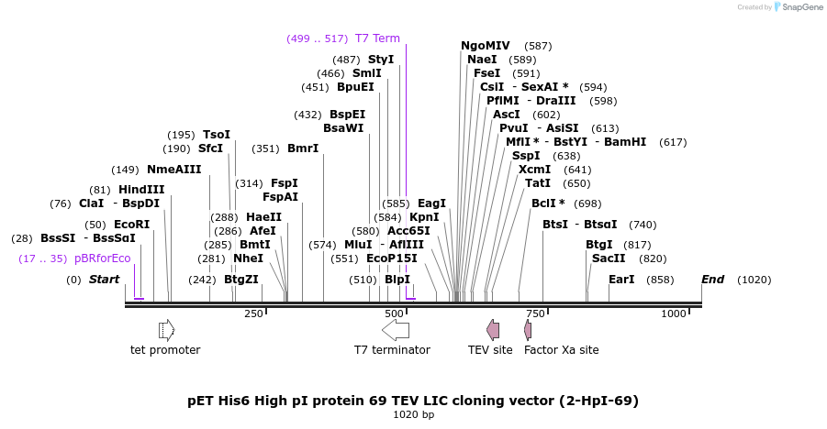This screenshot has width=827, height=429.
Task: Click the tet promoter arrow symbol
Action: tap(166, 330)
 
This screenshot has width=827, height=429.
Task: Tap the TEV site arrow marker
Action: tap(493, 330)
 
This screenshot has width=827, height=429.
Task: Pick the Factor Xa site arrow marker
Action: tap(528, 330)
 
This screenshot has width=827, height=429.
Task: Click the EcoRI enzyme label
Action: tap(131, 225)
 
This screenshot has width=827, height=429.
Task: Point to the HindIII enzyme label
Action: tap(141, 190)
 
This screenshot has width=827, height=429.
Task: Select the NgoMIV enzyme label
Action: tap(486, 46)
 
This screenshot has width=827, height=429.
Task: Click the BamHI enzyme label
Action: tap(625, 142)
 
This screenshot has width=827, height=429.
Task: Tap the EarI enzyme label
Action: tap(621, 280)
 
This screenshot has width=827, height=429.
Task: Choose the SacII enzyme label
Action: tap(609, 258)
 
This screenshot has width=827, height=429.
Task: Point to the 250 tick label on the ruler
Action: tap(253, 314)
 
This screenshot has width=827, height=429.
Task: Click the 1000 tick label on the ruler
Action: tap(675, 314)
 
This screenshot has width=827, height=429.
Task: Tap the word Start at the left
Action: tap(105, 280)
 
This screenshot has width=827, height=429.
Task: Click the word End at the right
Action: tap(713, 280)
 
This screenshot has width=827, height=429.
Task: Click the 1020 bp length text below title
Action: tap(413, 415)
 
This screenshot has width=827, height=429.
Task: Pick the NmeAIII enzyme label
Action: tap(174, 170)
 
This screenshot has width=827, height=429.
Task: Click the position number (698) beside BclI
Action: tap(587, 203)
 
